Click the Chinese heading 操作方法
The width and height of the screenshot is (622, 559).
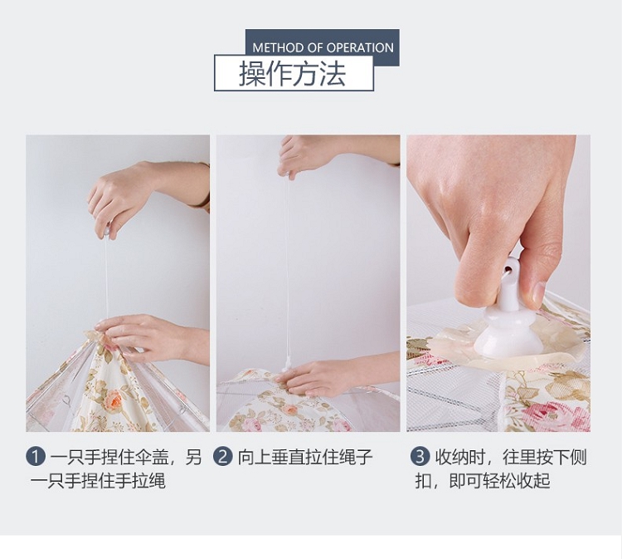(293, 73)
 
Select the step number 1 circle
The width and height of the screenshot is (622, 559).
(36, 457)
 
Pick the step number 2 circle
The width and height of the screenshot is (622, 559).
(223, 457)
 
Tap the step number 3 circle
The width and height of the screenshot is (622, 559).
(420, 457)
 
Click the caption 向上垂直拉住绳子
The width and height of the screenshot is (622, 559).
(304, 457)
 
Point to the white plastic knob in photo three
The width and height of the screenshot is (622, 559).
(508, 314)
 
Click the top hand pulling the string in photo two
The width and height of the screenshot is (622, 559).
(338, 155)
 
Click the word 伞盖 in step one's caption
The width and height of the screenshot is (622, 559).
(152, 457)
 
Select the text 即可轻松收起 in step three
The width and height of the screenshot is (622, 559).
(499, 481)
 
